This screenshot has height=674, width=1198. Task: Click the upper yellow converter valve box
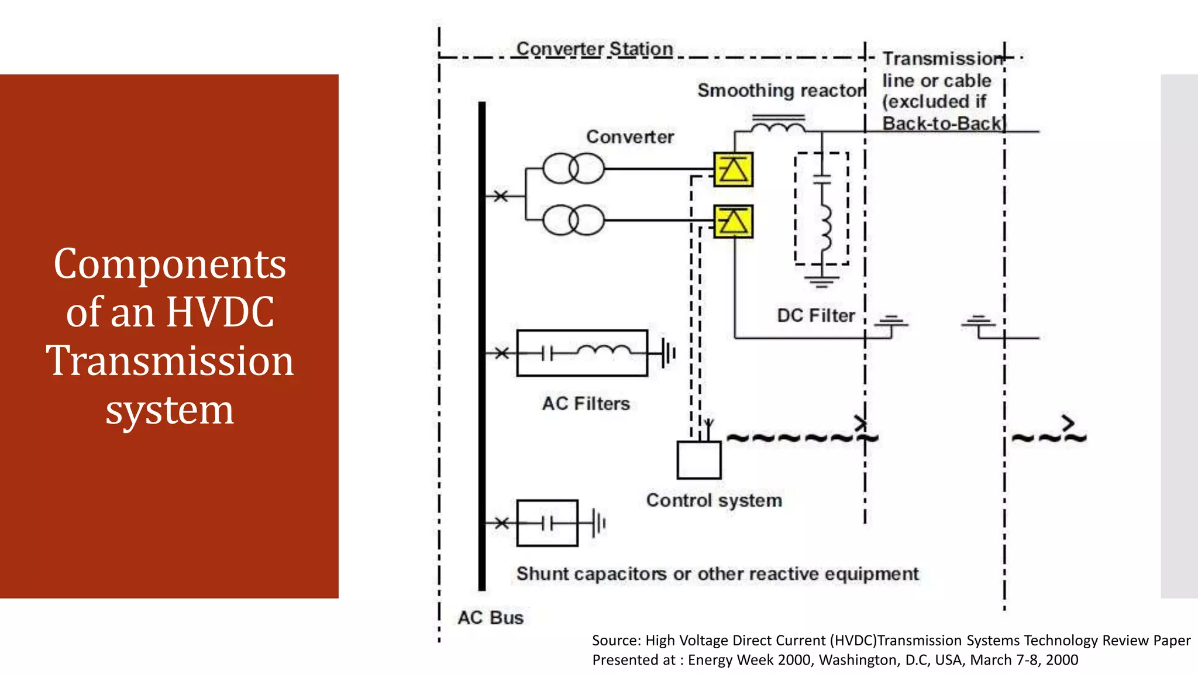click(733, 170)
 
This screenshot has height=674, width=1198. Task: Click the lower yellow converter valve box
click(733, 222)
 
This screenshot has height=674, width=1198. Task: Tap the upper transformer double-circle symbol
click(573, 168)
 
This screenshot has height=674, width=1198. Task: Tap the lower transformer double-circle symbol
click(573, 220)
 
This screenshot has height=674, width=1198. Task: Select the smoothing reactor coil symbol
click(778, 126)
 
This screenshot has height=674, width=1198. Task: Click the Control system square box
click(698, 460)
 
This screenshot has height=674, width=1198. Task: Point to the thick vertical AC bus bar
click(482, 345)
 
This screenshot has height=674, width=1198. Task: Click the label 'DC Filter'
click(815, 316)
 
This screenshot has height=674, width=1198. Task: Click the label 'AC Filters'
click(586, 404)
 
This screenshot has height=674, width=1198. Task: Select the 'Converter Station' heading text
click(594, 49)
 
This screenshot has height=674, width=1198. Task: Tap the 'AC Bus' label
click(490, 618)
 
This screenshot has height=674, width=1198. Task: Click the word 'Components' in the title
click(170, 264)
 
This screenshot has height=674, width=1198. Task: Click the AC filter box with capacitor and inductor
click(582, 353)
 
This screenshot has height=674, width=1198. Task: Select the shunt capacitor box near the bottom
click(548, 522)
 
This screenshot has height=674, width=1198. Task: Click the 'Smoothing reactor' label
click(781, 91)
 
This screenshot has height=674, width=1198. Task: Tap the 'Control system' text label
click(714, 501)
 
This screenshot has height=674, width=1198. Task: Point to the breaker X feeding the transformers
click(501, 196)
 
